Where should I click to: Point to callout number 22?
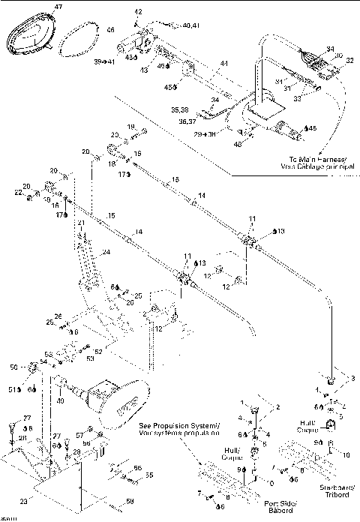(19, 193)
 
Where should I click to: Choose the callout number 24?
(106, 252)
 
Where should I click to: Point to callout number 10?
(346, 454)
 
